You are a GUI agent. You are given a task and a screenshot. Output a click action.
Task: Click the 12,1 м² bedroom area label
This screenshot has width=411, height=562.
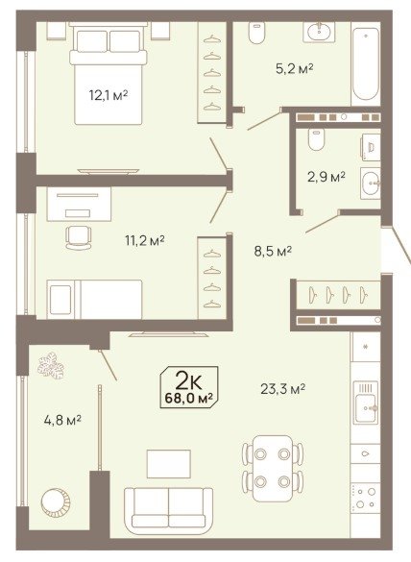[109, 95]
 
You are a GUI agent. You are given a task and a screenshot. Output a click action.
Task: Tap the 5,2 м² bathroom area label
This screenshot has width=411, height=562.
[295, 68]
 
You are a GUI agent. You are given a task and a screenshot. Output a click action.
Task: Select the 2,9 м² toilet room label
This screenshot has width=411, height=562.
[326, 177]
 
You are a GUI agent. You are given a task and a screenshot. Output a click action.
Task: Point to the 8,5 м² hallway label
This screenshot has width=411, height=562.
[273, 252]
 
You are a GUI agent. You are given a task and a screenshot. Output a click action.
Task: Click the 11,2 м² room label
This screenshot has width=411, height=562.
[144, 240]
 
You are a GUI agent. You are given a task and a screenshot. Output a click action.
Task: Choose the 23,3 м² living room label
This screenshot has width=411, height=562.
[282, 388]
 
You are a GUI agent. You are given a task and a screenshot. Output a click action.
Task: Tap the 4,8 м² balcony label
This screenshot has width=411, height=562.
[62, 420]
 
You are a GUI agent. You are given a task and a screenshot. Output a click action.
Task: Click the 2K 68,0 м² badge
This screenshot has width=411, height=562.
[189, 387]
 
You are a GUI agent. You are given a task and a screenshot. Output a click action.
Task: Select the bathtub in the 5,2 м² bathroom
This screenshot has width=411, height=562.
[366, 63]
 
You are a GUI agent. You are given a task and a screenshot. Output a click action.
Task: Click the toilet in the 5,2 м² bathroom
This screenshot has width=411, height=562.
[256, 33]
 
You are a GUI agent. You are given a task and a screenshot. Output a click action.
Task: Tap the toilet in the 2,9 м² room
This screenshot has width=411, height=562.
[316, 139]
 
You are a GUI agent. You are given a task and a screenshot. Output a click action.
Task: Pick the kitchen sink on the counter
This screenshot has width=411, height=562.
[366, 402]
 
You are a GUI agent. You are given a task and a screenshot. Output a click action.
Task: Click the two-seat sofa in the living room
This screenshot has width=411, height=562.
[168, 507]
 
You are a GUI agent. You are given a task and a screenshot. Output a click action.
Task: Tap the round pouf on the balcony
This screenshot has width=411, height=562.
[56, 501]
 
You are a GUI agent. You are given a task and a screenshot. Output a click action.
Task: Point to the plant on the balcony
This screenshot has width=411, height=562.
[51, 365]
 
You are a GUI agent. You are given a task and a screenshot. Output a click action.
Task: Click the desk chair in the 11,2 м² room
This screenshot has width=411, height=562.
[78, 237]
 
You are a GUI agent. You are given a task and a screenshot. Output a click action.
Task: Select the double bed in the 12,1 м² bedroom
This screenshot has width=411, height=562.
[109, 73]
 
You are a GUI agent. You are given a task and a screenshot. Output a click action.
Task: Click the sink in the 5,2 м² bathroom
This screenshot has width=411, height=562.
[319, 32]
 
